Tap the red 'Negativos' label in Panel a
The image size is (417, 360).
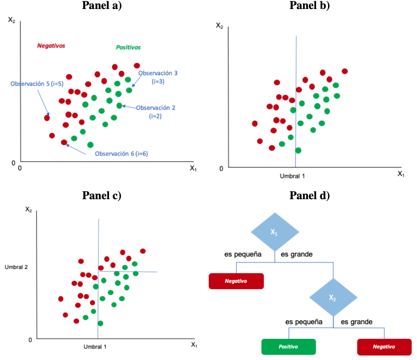pyautogui.click(x=51, y=46)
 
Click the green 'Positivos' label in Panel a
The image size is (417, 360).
pyautogui.click(x=128, y=47)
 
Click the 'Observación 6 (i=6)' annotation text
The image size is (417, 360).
pyautogui.click(x=121, y=154)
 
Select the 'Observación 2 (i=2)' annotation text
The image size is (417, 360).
pyautogui.click(x=155, y=111)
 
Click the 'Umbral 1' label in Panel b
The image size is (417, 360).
pyautogui.click(x=292, y=176)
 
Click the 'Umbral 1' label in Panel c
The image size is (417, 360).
pyautogui.click(x=95, y=347)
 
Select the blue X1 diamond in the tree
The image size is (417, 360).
pyautogui.click(x=274, y=232)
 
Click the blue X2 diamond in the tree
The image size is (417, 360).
pyautogui.click(x=333, y=298)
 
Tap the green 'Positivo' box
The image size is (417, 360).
pyautogui.click(x=288, y=347)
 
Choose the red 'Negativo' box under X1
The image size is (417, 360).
pyautogui.click(x=236, y=281)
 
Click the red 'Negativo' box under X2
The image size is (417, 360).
pyautogui.click(x=384, y=347)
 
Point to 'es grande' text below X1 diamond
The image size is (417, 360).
pyautogui.click(x=297, y=254)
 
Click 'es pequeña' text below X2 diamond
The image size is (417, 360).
pyautogui.click(x=303, y=322)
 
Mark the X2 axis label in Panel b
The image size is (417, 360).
pyautogui.click(x=219, y=25)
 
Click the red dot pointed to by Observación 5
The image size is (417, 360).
pyautogui.click(x=47, y=118)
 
